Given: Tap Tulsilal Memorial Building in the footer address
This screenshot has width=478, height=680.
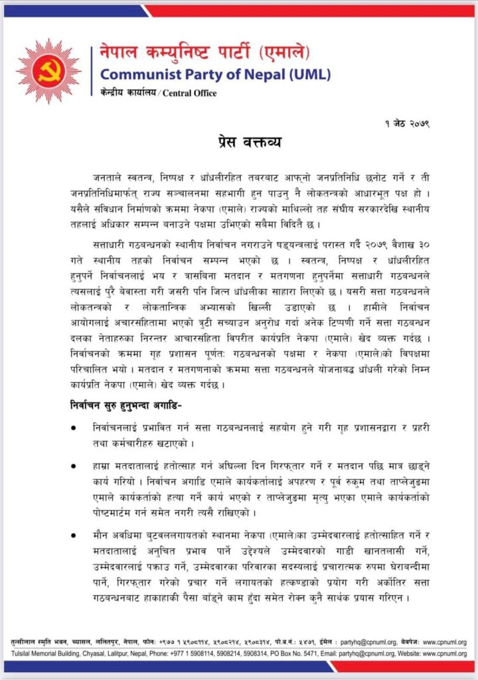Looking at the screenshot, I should pyautogui.click(x=41, y=653).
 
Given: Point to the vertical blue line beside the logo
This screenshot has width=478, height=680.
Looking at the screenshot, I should pyautogui.click(x=91, y=70).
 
